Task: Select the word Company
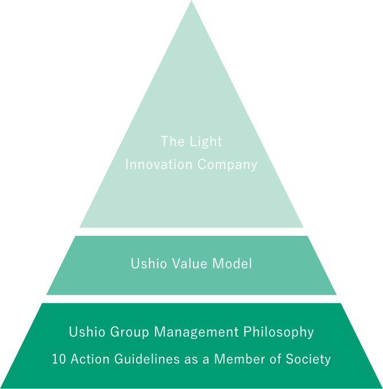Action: point(227,165)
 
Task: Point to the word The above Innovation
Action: point(172,142)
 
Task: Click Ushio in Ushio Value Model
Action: point(146,264)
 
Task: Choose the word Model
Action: point(233,264)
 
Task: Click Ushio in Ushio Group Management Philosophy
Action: point(84,332)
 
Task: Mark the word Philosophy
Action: point(278,332)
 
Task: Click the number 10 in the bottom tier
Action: point(58,360)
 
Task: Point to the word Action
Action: point(86,360)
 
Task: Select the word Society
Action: point(310,360)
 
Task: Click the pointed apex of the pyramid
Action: point(191,2)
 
